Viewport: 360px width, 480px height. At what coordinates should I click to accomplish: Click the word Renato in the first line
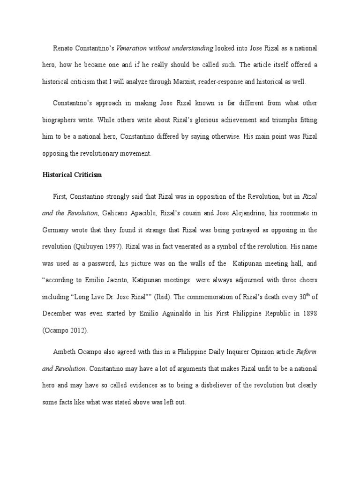click(x=62, y=48)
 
